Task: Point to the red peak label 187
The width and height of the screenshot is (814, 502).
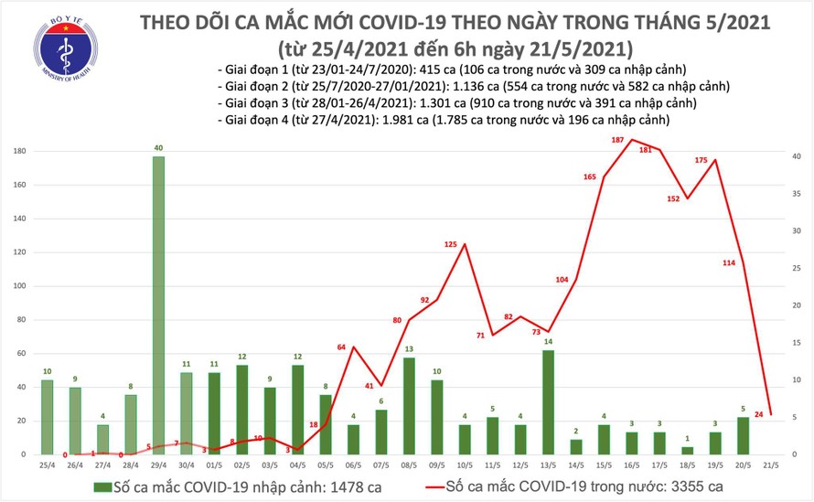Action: (617, 140)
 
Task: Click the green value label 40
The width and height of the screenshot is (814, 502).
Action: (158, 147)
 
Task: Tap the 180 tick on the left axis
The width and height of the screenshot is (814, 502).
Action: (20, 152)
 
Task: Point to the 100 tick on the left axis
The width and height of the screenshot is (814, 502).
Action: (20, 286)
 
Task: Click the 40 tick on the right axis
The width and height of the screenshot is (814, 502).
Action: (798, 157)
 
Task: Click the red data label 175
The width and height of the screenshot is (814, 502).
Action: (702, 161)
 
